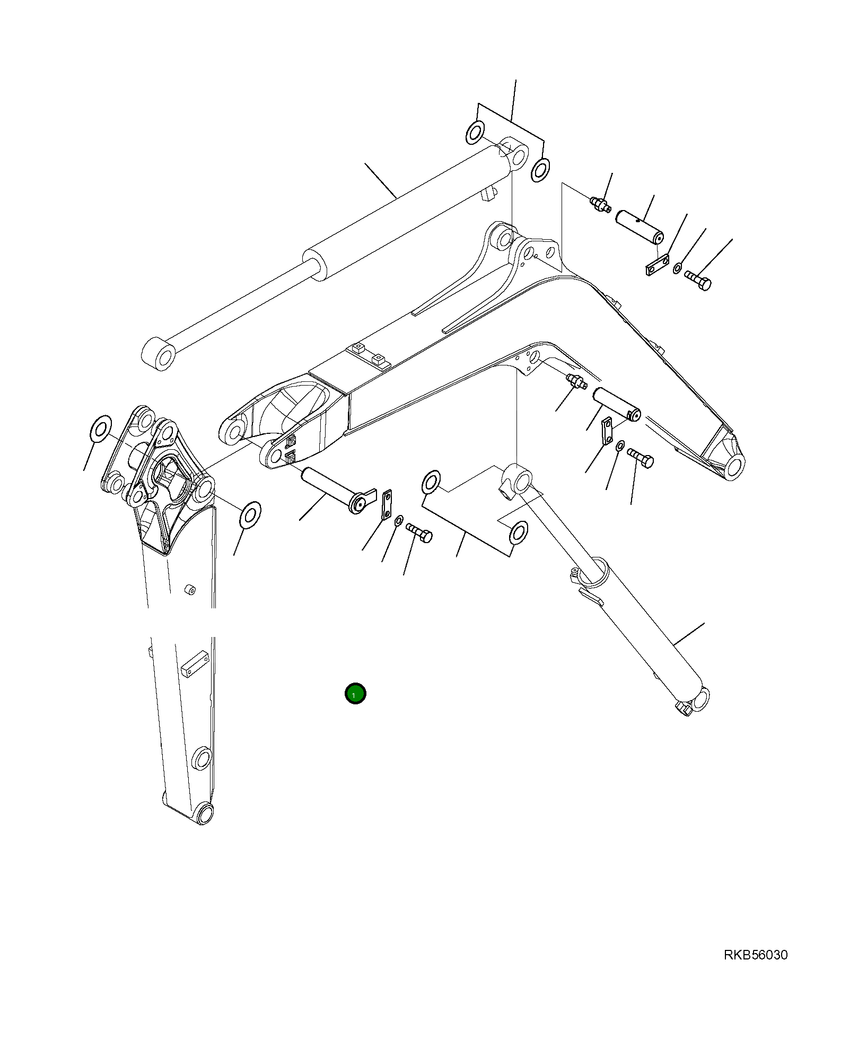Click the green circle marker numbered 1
coord(355,693)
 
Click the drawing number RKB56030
coord(756,955)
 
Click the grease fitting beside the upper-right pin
coord(600,203)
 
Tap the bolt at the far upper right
coord(698,280)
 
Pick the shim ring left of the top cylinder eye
coord(475,132)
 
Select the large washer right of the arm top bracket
coord(250,514)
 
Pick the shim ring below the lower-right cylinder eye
coord(518,532)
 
